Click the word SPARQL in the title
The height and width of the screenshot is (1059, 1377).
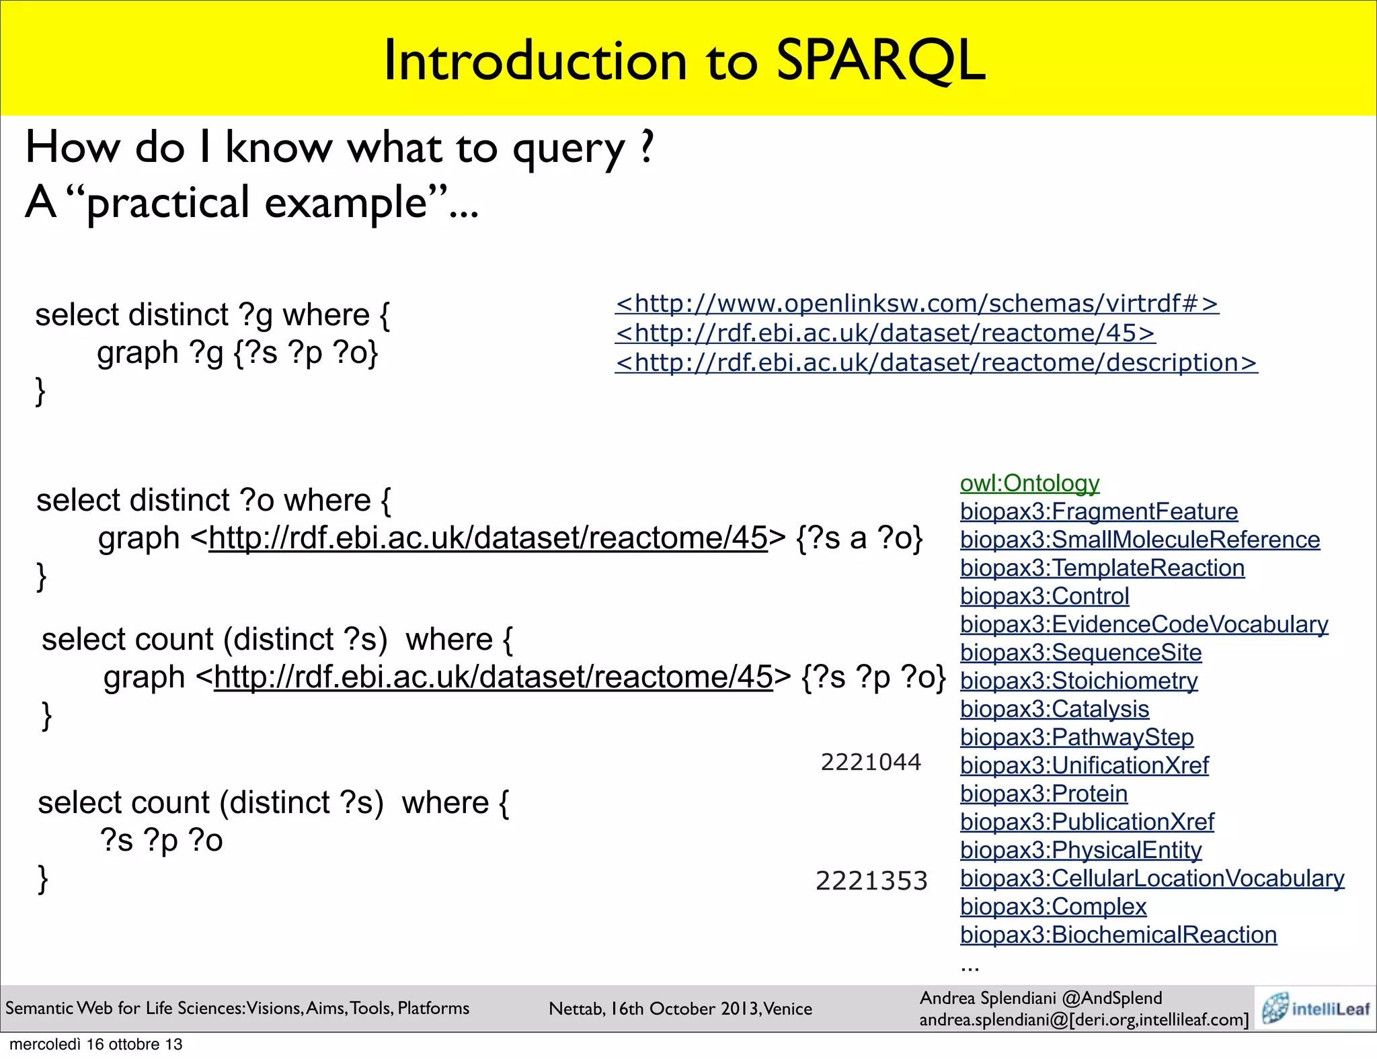(881, 60)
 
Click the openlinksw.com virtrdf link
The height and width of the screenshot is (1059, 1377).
(916, 304)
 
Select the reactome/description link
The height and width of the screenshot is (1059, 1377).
(936, 363)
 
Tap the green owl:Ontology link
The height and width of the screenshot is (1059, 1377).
(1029, 483)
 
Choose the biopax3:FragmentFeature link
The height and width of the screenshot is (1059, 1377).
(1099, 511)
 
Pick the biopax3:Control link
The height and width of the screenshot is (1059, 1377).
(1044, 596)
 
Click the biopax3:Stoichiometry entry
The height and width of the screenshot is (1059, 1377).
(1078, 681)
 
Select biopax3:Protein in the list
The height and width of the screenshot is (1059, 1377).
(1044, 794)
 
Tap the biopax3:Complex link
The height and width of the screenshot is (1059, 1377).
(1053, 906)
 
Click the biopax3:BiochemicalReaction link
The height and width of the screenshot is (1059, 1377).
(1118, 935)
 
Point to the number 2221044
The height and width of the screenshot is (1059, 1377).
(871, 762)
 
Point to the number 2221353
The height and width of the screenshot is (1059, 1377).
(871, 881)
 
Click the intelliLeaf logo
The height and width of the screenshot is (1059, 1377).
(1315, 1008)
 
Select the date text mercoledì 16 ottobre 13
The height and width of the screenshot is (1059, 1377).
(96, 1044)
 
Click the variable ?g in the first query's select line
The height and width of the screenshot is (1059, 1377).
(255, 316)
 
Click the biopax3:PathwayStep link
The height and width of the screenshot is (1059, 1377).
(1076, 737)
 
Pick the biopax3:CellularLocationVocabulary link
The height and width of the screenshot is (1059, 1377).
(1152, 878)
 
